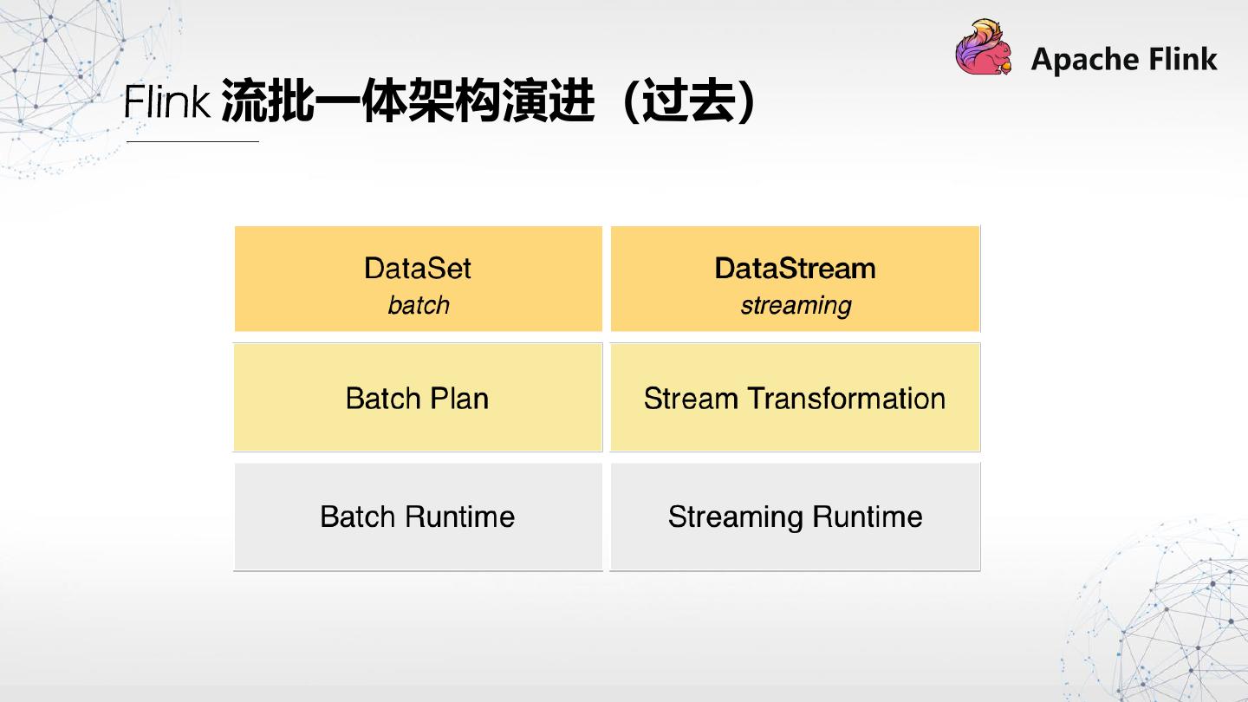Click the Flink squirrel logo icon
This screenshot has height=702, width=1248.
pyautogui.click(x=985, y=49)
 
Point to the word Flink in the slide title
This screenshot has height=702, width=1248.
pyautogui.click(x=167, y=103)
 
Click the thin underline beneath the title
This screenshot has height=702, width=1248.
pyautogui.click(x=192, y=141)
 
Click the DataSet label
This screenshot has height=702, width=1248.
pyautogui.click(x=418, y=268)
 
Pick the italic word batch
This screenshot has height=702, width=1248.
pyautogui.click(x=418, y=305)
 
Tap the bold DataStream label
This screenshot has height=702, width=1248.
pyautogui.click(x=795, y=268)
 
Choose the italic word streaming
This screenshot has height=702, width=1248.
pyautogui.click(x=795, y=305)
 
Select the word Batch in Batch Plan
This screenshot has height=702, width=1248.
pyautogui.click(x=380, y=399)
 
